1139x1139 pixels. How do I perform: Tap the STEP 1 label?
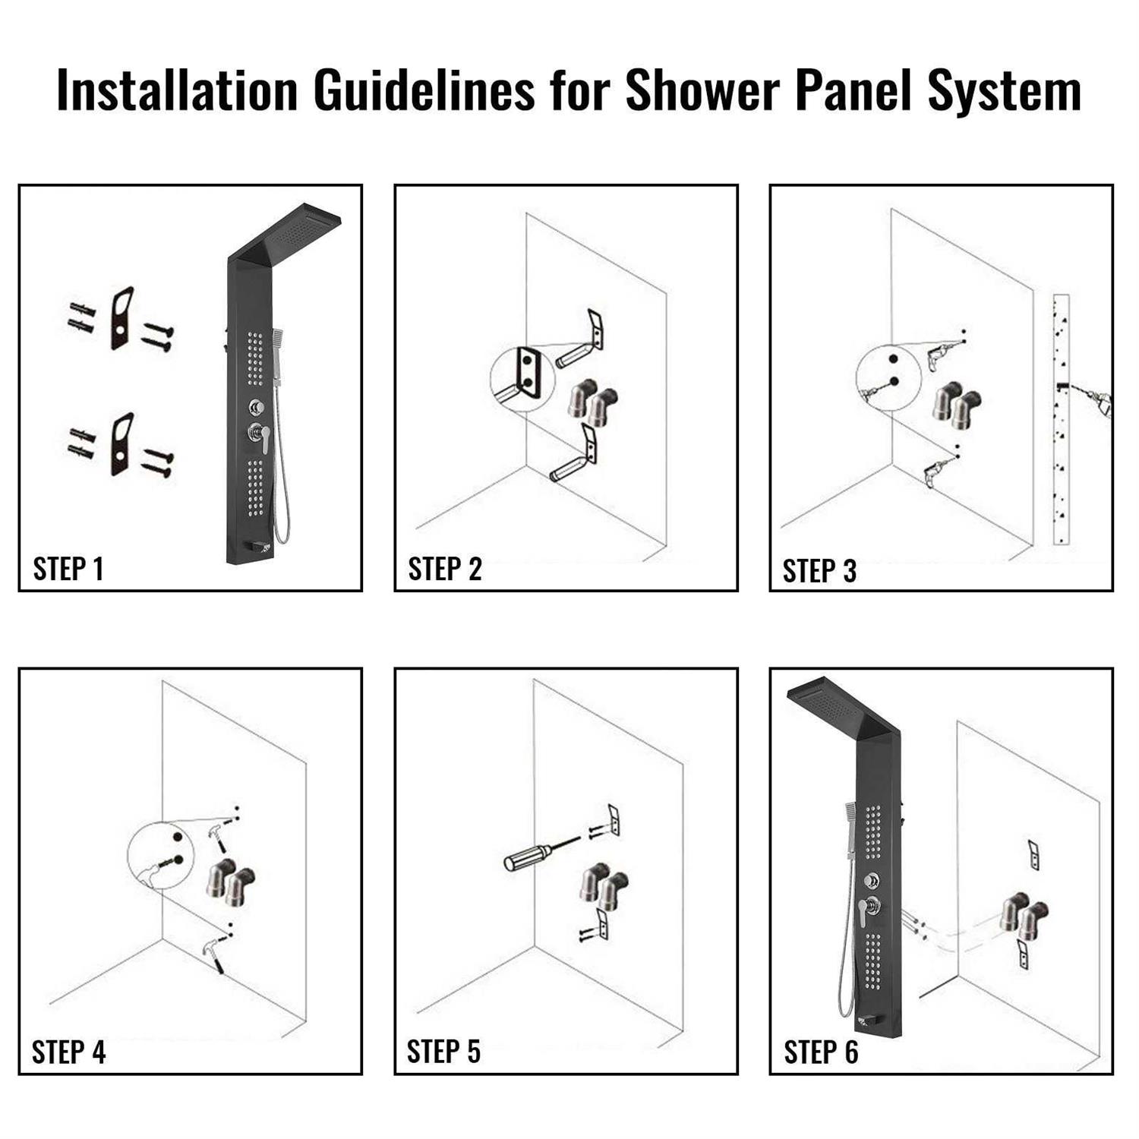(68, 569)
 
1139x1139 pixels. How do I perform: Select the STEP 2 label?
(444, 569)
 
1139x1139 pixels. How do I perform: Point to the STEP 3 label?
(819, 571)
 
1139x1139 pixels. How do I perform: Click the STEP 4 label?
(68, 1052)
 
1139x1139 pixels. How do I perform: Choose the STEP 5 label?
(443, 1052)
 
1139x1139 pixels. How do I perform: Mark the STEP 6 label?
(820, 1052)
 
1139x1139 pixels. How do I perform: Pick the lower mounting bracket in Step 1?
(122, 444)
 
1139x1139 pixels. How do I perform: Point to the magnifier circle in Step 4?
(161, 855)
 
